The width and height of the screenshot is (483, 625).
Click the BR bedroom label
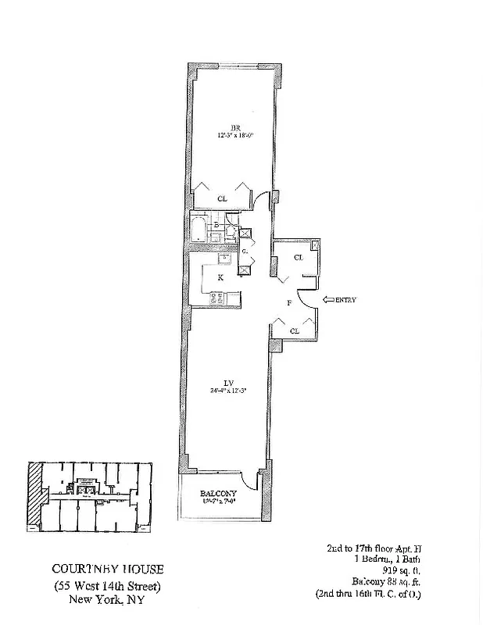click(x=234, y=127)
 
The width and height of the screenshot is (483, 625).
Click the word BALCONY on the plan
click(x=213, y=494)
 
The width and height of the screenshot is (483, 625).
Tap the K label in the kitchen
click(x=220, y=277)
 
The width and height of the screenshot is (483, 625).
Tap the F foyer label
click(x=289, y=302)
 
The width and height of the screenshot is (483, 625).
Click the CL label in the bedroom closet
click(x=222, y=198)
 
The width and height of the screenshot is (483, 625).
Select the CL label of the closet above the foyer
click(x=298, y=257)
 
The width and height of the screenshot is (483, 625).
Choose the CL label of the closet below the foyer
click(x=294, y=330)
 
